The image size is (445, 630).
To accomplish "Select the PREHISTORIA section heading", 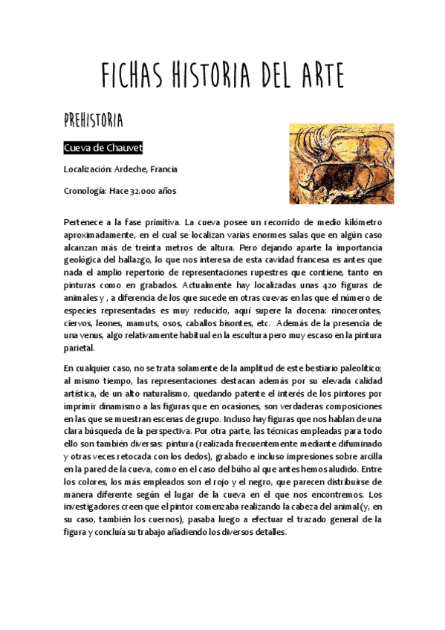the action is [93, 120].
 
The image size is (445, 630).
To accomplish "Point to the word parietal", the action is [78, 348].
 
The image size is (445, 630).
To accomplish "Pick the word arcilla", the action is [367, 456].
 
